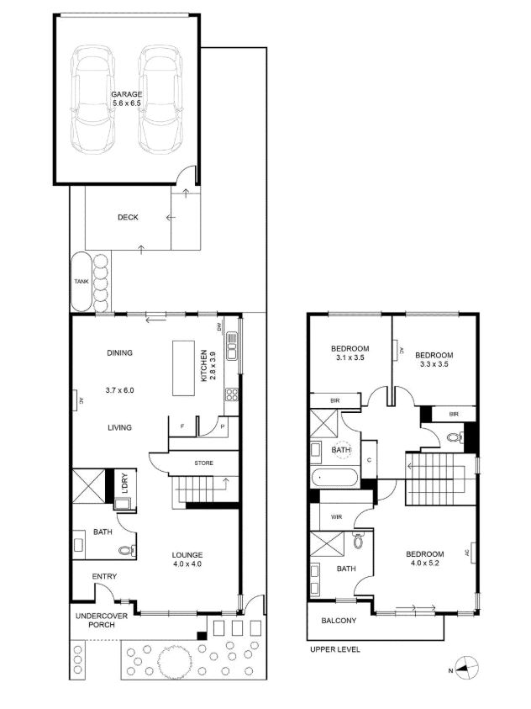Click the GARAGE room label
[x=127, y=99]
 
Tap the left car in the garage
[x=92, y=98]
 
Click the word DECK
[x=128, y=217]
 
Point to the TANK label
[x=81, y=282]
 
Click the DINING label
[x=120, y=353]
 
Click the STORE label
[x=203, y=463]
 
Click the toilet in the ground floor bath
[x=126, y=551]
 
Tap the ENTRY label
[x=105, y=576]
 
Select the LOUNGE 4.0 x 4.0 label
[x=187, y=559]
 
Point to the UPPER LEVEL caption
[x=334, y=649]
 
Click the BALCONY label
[x=339, y=622]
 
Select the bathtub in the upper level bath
[x=334, y=479]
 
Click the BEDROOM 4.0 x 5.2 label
[x=424, y=559]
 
